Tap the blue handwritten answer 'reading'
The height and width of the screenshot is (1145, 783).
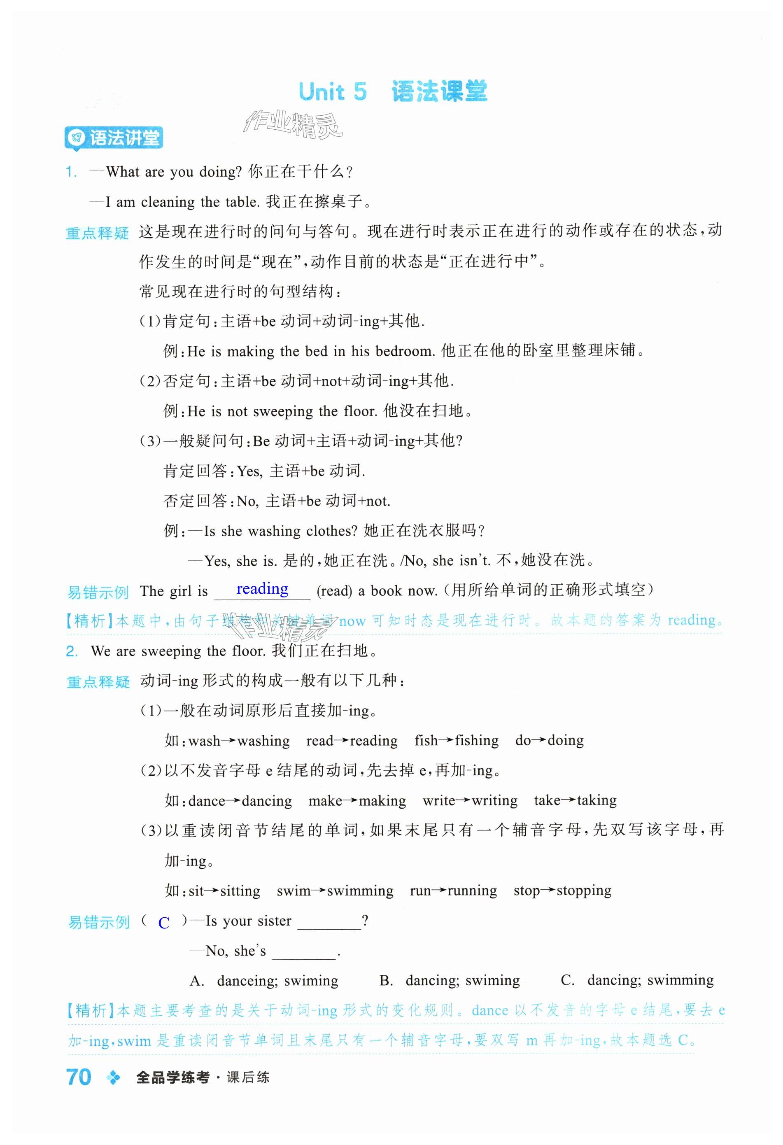[x=262, y=589]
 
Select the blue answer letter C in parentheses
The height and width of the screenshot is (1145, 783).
[x=163, y=922]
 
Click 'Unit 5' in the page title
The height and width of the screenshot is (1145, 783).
[x=333, y=92]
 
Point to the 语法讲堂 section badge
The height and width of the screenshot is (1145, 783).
[x=114, y=138]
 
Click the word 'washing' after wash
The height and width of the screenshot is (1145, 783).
[x=263, y=741]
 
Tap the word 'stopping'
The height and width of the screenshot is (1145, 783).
[x=583, y=891]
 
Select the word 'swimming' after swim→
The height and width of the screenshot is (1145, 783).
[x=360, y=891]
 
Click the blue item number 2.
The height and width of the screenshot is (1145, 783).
[x=72, y=651]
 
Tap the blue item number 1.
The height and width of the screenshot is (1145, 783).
[x=72, y=172]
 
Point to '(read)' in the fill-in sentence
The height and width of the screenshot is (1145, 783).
[x=335, y=591]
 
